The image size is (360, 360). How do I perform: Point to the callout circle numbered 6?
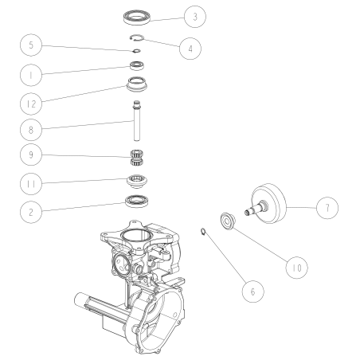(252, 291)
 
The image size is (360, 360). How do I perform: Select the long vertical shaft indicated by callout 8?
(137, 123)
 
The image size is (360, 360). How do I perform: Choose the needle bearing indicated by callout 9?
(138, 154)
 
